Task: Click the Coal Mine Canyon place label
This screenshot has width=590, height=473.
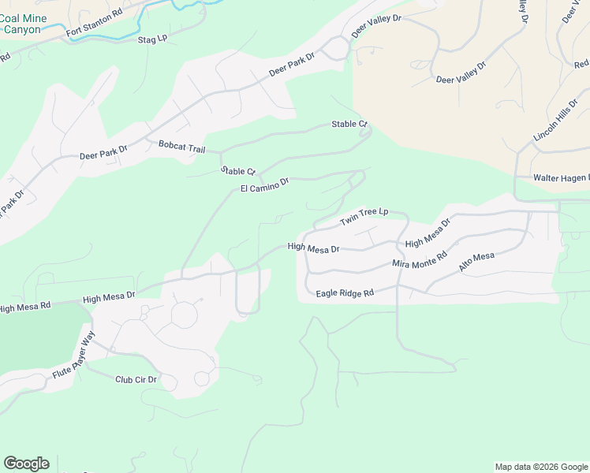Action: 23,24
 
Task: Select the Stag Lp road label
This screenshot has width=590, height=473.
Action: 153,39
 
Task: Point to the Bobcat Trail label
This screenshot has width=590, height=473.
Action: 181,146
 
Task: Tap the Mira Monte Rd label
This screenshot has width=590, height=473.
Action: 420,261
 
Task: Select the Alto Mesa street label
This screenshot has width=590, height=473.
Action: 476,263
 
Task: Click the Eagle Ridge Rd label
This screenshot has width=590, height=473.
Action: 345,293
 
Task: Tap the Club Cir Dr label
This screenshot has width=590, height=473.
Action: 136,379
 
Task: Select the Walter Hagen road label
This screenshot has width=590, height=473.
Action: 561,178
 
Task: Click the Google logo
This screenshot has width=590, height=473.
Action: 26,464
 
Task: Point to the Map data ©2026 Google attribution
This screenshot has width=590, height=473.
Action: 541,467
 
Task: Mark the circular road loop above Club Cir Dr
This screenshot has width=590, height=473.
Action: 185,316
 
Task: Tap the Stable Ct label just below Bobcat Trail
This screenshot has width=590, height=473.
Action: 238,171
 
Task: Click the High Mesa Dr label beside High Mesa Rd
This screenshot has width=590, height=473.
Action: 109,296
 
